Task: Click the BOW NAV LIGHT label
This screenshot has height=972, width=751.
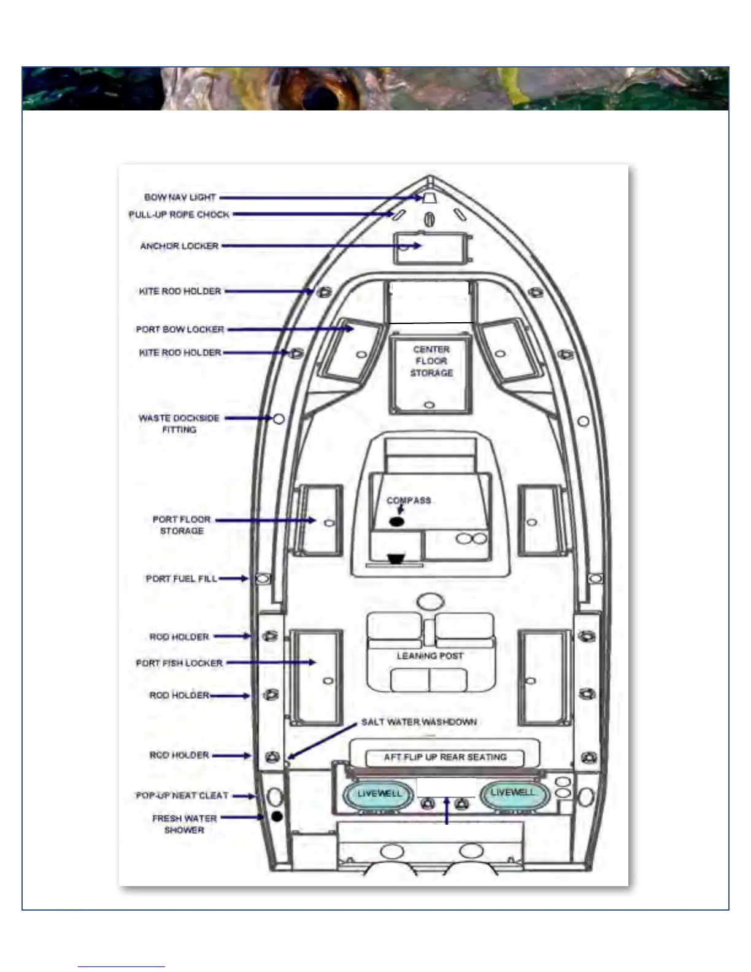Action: [180, 198]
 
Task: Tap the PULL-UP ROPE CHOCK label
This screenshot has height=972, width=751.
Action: [179, 215]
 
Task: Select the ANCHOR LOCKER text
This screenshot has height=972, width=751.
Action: [179, 246]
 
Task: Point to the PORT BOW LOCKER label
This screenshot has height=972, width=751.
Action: [180, 330]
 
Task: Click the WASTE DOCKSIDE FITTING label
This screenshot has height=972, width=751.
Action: [179, 423]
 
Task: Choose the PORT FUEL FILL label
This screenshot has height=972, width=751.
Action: [181, 579]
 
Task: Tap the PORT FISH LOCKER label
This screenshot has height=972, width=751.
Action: [179, 663]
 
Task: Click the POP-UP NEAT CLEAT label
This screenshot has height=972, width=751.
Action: [182, 796]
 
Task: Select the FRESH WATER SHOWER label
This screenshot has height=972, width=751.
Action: [184, 824]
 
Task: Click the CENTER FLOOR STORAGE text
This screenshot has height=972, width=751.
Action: [431, 361]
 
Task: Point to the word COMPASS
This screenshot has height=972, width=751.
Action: [409, 501]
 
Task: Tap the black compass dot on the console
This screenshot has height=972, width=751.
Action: [396, 522]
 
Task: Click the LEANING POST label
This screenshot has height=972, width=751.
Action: [429, 656]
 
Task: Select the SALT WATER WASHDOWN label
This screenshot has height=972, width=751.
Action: [419, 722]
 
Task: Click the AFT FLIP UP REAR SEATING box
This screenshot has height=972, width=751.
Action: [445, 757]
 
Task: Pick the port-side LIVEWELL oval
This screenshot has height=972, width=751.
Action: [379, 794]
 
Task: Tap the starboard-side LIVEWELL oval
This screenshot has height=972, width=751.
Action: [514, 793]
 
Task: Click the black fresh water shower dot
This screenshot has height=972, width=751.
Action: [277, 817]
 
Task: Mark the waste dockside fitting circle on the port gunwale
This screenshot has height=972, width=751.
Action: [279, 418]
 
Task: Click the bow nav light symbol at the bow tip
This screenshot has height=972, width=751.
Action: [429, 198]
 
